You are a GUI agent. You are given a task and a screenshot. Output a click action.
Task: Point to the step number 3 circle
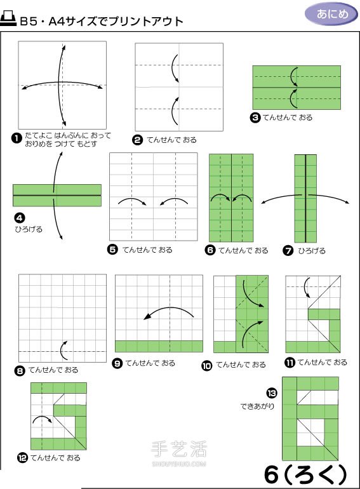[255, 117]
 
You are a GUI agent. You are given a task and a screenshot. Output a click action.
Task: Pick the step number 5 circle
[112, 250]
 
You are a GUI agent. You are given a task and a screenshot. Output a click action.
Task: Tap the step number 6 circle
[210, 250]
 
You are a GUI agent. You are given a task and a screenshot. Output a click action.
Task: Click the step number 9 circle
[117, 363]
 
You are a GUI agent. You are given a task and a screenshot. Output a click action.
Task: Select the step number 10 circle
[206, 365]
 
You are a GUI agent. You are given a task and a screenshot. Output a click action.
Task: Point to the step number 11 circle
[290, 363]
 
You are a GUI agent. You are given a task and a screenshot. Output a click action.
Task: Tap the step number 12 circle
[22, 458]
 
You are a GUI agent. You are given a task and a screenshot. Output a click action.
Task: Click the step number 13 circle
[272, 392]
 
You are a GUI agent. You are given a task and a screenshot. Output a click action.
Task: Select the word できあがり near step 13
[257, 405]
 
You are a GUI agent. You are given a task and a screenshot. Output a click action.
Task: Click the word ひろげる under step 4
[29, 229]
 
